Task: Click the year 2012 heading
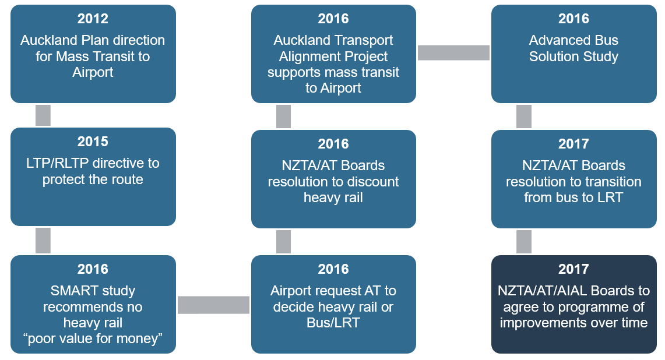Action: point(93,19)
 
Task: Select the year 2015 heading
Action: point(93,142)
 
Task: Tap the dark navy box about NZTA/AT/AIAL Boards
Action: point(573,303)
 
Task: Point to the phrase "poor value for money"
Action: point(93,338)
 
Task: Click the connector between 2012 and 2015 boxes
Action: point(43,115)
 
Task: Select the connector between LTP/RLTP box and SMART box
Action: point(43,240)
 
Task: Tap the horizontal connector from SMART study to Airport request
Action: point(213,305)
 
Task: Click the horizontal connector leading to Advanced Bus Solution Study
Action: point(453,52)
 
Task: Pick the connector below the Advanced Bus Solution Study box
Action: point(523,117)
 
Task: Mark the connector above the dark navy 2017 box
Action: point(523,241)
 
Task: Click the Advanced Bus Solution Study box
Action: point(573,54)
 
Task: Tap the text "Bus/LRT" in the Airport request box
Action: point(333,322)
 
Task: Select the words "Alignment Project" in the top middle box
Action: point(333,57)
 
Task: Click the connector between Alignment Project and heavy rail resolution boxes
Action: point(283,117)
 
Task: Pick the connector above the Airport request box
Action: point(283,241)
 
